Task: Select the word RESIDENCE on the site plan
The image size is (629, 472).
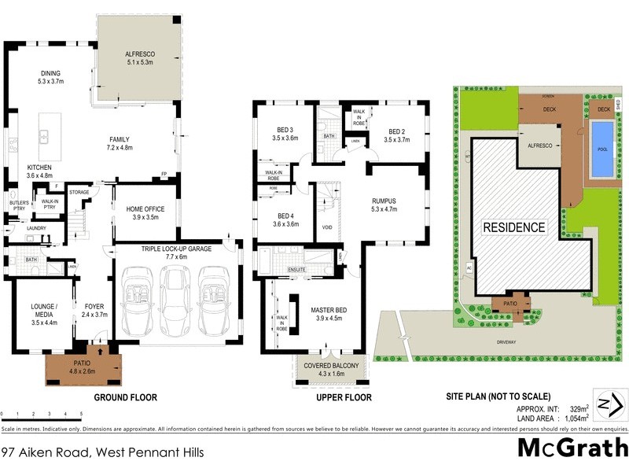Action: click(513, 227)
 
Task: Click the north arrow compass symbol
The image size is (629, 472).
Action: click(610, 404)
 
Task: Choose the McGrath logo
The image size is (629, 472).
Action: click(571, 448)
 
